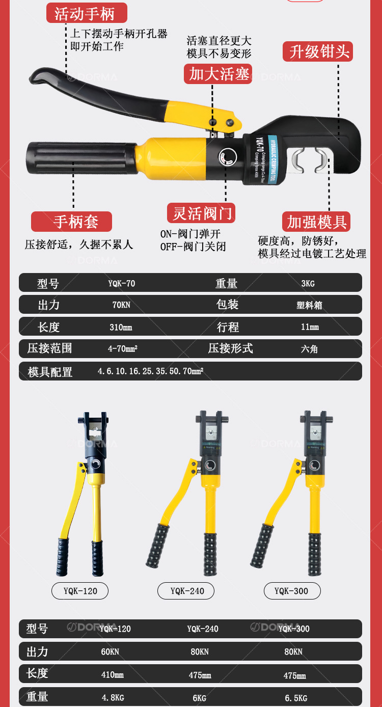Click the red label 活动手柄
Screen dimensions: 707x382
[x=85, y=13]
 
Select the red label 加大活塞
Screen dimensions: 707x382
[x=219, y=74]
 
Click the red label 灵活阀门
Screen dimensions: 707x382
[x=202, y=213]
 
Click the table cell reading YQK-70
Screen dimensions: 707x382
[x=121, y=283]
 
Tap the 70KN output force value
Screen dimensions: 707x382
[x=121, y=305]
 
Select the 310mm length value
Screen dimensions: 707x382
[x=121, y=327]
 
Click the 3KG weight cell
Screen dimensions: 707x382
[x=308, y=283]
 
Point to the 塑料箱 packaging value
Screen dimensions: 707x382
[x=309, y=305]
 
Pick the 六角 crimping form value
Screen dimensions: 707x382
[x=309, y=349]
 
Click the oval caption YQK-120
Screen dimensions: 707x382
[x=80, y=591]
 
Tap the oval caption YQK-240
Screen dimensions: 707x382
[x=187, y=591]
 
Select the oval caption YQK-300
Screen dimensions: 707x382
[x=291, y=591]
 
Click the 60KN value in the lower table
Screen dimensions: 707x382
[x=110, y=651]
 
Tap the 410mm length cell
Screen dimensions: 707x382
[x=113, y=675]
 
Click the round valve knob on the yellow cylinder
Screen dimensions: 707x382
[x=228, y=157]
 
